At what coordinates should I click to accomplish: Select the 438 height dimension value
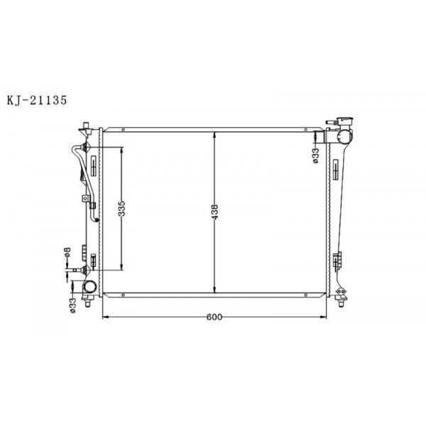(x=215, y=211)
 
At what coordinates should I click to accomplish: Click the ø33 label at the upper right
(x=315, y=155)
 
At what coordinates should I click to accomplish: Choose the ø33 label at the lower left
(x=72, y=303)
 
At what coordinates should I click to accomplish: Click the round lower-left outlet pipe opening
(x=91, y=288)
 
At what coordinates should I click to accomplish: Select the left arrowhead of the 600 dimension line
(x=106, y=317)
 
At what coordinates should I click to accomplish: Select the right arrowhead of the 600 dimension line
(x=327, y=317)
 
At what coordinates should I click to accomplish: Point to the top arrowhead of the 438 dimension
(x=215, y=134)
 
